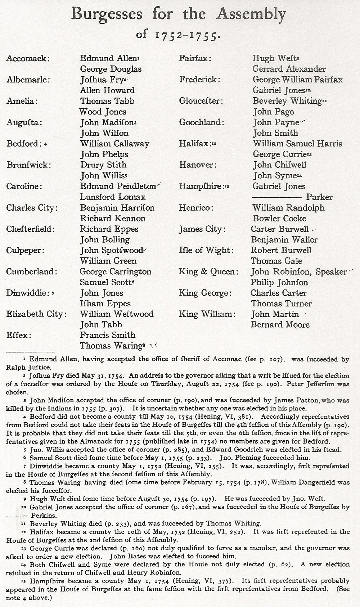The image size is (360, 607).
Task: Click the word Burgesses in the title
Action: pyautogui.click(x=107, y=15)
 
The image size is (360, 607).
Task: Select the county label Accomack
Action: pyautogui.click(x=28, y=58)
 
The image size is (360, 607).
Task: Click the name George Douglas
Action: pyautogui.click(x=111, y=69)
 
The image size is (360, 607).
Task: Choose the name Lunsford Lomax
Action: pyautogui.click(x=113, y=197)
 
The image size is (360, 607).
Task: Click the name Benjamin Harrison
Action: pyautogui.click(x=117, y=208)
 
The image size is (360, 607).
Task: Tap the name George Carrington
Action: pyautogui.click(x=116, y=271)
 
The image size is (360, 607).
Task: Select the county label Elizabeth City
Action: pyautogui.click(x=36, y=314)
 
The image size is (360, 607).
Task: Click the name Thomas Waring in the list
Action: pyautogui.click(x=111, y=346)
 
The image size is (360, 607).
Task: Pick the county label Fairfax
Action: pyautogui.click(x=195, y=58)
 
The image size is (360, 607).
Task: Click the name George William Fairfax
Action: pyautogui.click(x=298, y=80)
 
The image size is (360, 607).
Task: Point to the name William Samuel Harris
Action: pyautogui.click(x=297, y=144)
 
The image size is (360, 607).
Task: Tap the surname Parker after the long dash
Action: pyautogui.click(x=319, y=197)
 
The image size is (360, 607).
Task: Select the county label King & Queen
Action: pyautogui.click(x=208, y=271)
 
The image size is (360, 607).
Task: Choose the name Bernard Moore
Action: pyautogui.click(x=280, y=325)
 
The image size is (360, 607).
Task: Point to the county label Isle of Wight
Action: pyautogui.click(x=206, y=250)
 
